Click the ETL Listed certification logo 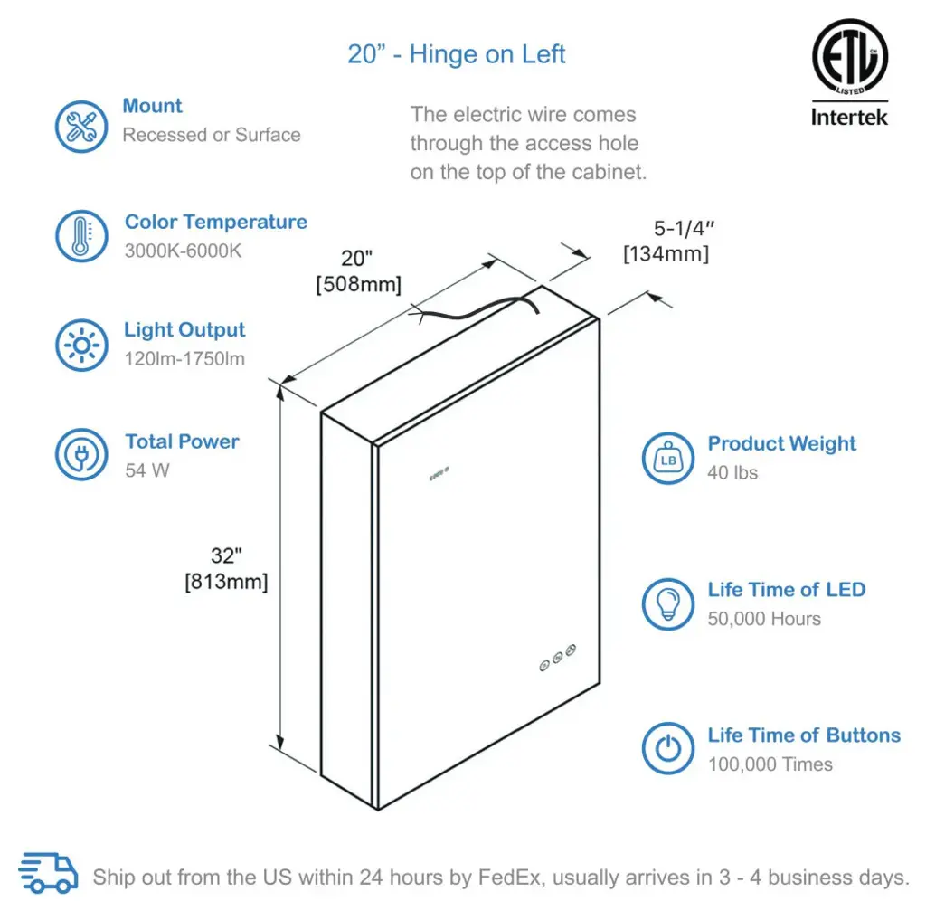point(849,56)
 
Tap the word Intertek point(849,117)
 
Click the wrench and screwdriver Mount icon point(81,127)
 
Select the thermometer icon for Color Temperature point(81,236)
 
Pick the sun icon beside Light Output point(81,345)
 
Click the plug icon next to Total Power point(81,454)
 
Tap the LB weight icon point(668,458)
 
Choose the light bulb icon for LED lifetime point(668,603)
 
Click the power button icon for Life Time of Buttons point(668,748)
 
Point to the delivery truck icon point(48,873)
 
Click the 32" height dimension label point(226,556)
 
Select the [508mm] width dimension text point(358,284)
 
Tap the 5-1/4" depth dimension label point(684,228)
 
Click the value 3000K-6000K point(183,251)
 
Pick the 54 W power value point(147,470)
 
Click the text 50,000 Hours point(764,619)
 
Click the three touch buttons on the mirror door point(557,658)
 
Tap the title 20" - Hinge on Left point(456,54)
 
